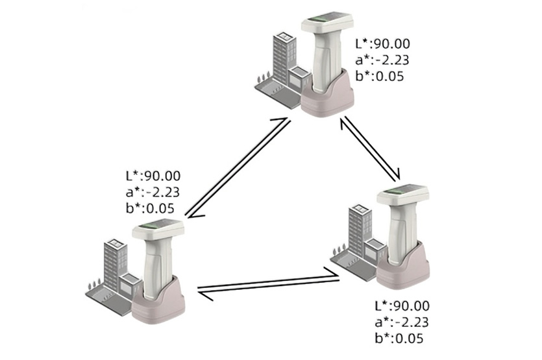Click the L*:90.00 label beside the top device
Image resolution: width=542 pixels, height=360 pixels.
383,44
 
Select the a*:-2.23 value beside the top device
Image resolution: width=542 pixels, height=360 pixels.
382,60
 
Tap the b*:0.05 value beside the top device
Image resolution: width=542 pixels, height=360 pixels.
380,77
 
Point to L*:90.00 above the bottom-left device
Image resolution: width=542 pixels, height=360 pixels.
153,175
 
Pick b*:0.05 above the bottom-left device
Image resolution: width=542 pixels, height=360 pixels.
150,208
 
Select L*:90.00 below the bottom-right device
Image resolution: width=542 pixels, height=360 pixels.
403,306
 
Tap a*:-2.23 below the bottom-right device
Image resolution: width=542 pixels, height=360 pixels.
402,322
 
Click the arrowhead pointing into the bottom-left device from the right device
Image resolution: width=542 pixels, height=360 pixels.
203,296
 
